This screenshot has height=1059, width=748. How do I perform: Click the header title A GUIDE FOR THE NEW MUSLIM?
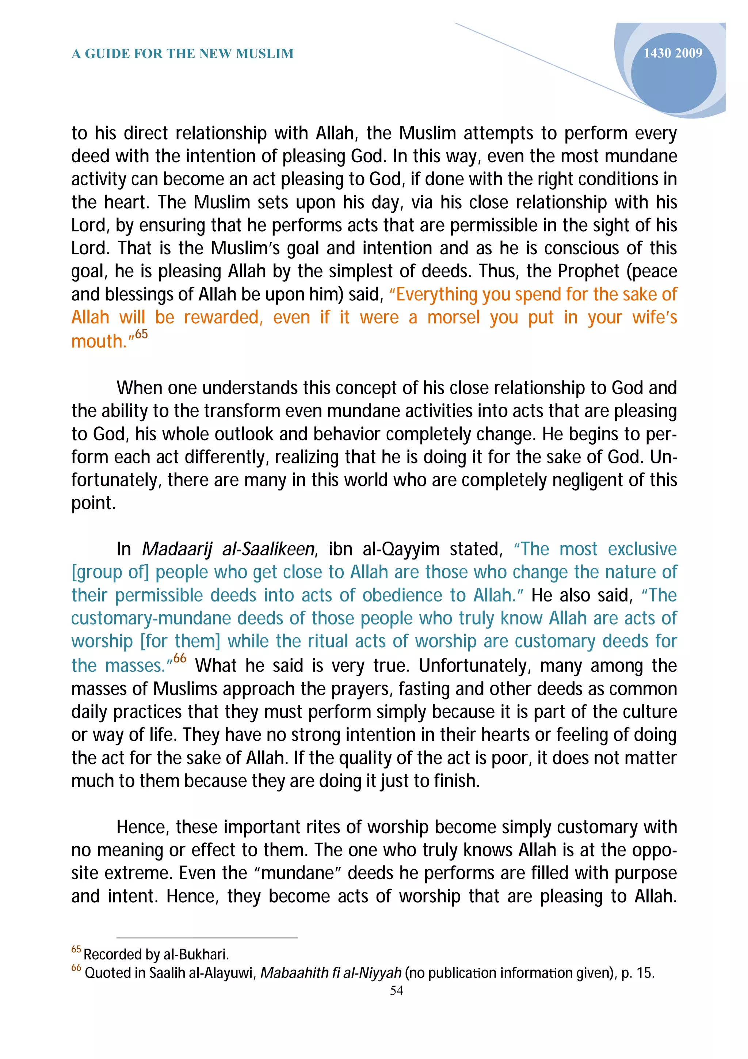point(183,54)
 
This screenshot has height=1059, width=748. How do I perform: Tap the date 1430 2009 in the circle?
point(672,53)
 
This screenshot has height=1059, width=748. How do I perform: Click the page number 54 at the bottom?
point(396,990)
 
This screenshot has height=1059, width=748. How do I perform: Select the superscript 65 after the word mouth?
point(141,334)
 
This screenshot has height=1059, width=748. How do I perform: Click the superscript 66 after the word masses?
point(180,658)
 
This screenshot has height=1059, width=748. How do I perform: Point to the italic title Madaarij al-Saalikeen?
point(228,549)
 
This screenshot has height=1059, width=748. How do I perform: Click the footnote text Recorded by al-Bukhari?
point(156,954)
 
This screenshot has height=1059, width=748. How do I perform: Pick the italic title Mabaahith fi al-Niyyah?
point(331,973)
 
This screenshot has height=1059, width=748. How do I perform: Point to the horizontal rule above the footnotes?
point(207,938)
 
